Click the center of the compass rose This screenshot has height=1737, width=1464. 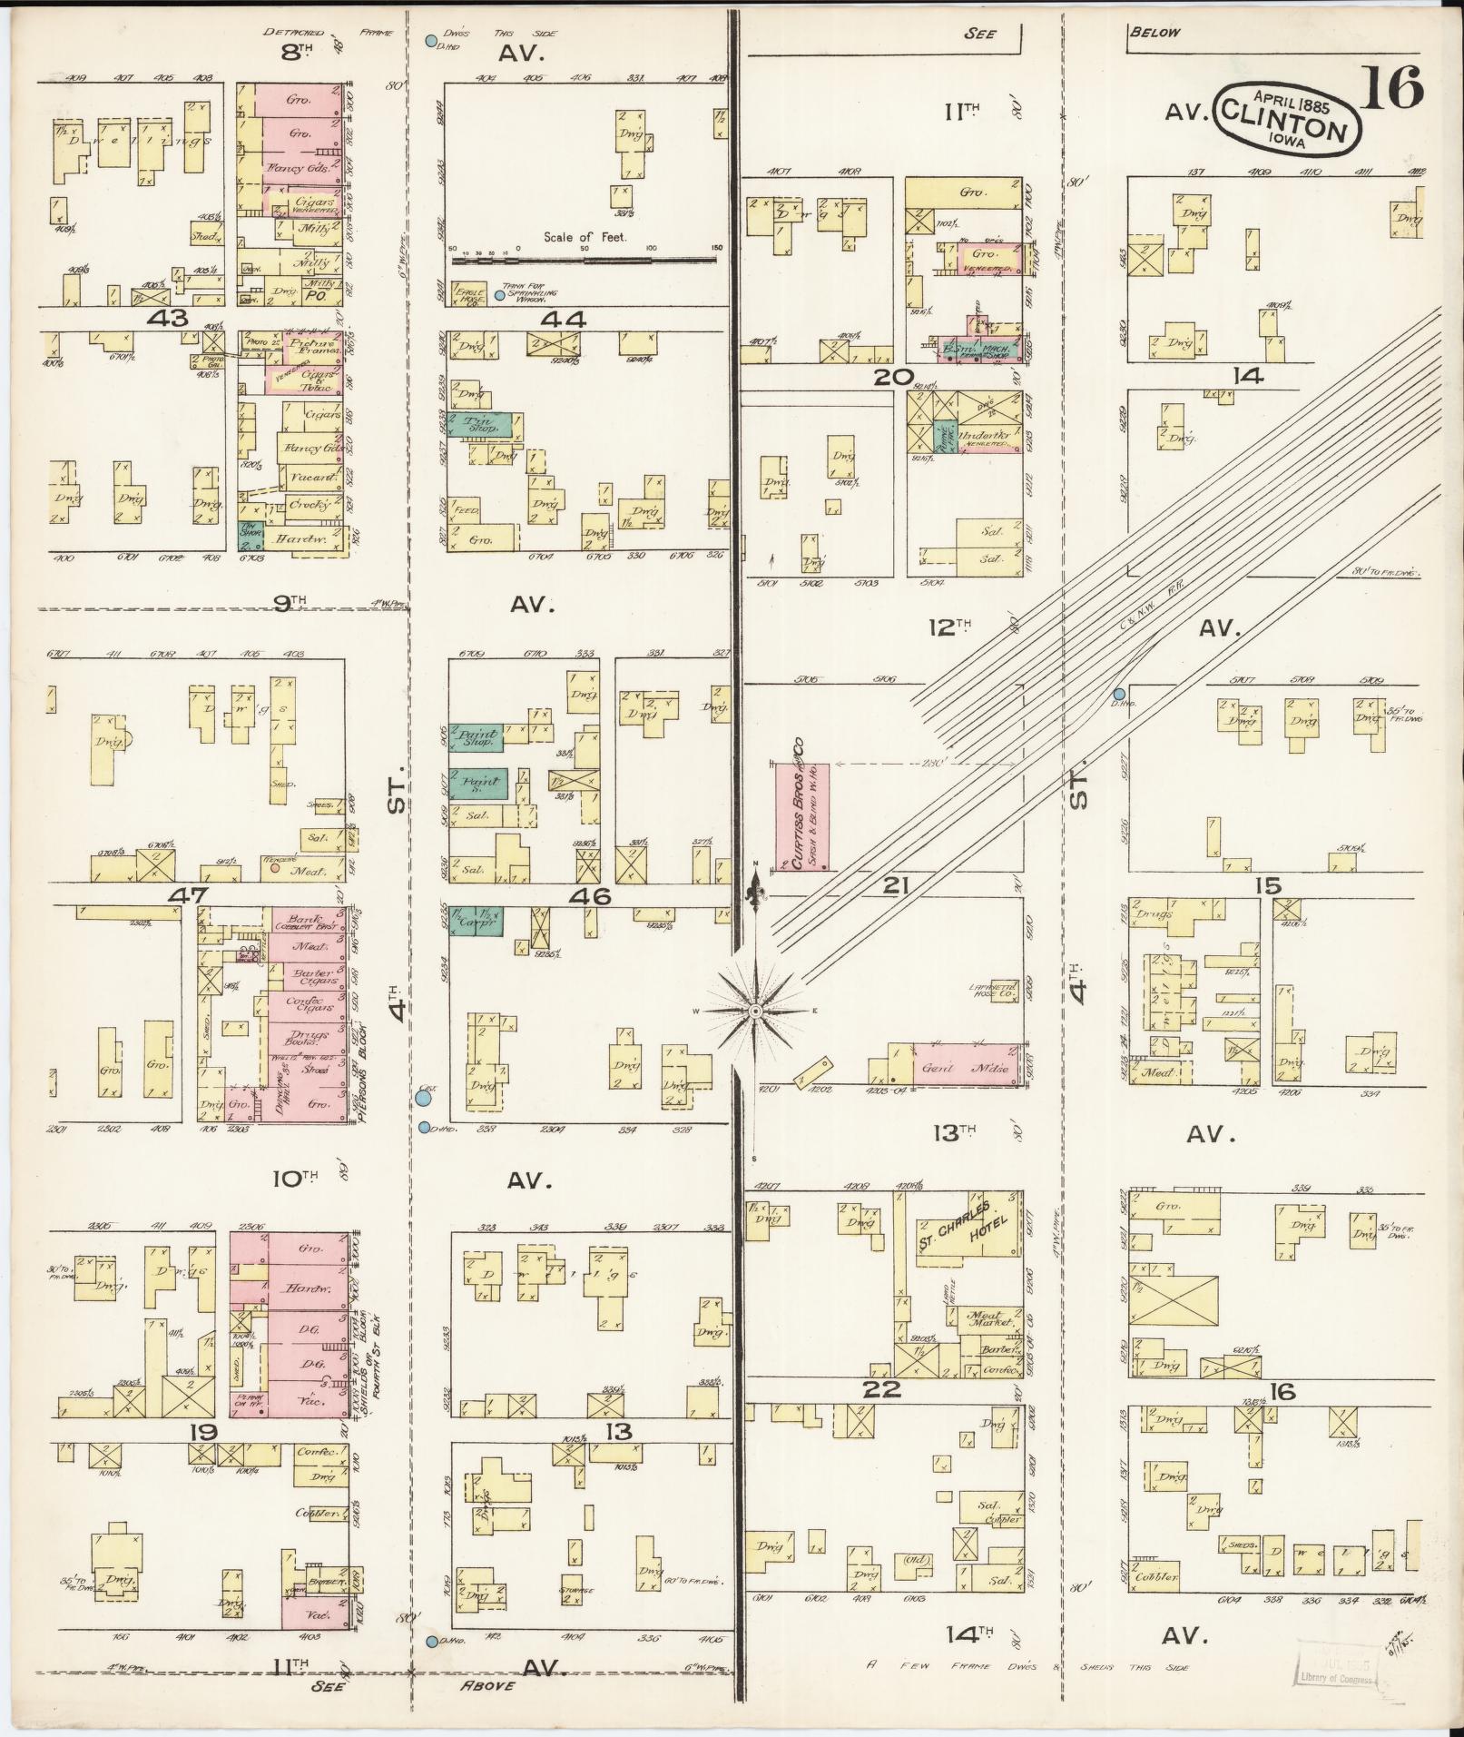coord(755,1011)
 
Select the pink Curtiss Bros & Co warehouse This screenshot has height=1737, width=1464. coord(801,817)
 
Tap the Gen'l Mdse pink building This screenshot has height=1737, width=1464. coord(971,1069)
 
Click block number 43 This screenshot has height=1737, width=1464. coord(171,319)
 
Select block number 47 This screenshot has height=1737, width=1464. coord(190,895)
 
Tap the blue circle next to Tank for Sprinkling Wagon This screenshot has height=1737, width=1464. coord(499,296)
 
